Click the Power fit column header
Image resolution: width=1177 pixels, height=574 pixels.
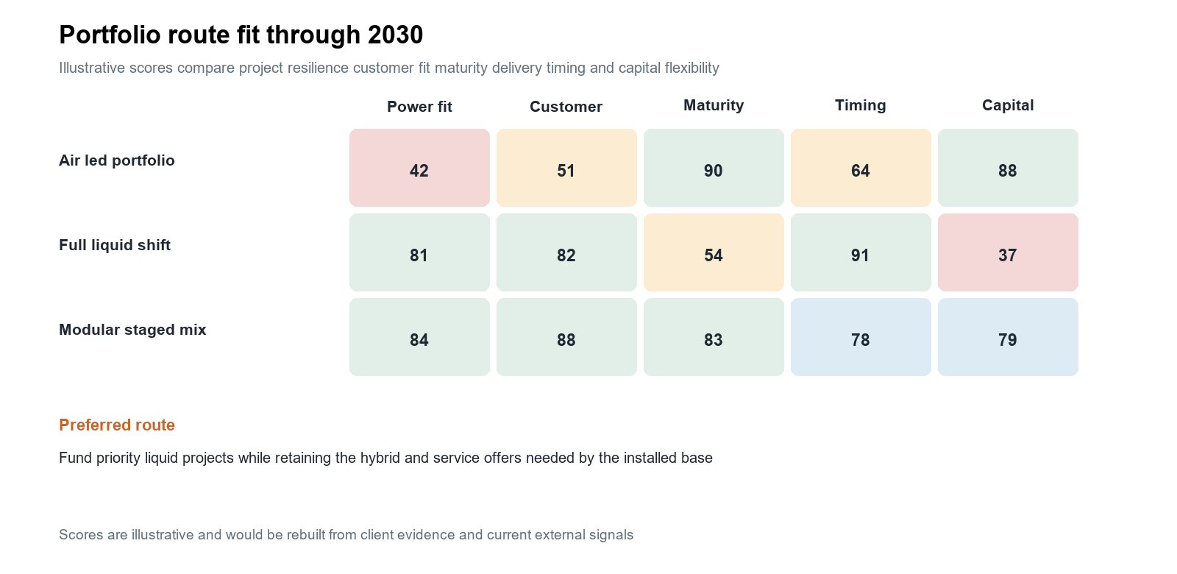click(x=419, y=107)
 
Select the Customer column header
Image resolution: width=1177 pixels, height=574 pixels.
click(x=566, y=107)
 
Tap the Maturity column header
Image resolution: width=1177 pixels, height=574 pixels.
click(x=714, y=106)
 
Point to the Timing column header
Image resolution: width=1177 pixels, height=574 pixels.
click(x=861, y=106)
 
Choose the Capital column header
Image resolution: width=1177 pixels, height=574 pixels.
click(x=1008, y=106)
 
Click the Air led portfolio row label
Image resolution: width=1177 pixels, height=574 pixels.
click(x=117, y=160)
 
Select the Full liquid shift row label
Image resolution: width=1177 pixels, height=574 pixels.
click(x=115, y=245)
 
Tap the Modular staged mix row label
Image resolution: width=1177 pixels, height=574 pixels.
click(x=132, y=330)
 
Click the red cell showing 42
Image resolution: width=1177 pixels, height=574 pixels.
click(x=419, y=168)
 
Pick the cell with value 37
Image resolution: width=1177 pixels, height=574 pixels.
click(x=1008, y=252)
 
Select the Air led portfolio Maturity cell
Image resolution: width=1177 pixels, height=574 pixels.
click(x=714, y=168)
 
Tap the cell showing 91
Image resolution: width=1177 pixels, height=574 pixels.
click(x=861, y=252)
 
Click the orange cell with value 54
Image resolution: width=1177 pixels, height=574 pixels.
click(x=714, y=252)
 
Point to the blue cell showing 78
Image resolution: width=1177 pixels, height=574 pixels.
click(x=861, y=337)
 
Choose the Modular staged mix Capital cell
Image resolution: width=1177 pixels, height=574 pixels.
click(x=1008, y=337)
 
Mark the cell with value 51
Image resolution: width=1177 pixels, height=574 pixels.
click(x=566, y=168)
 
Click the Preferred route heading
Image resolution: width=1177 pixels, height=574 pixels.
click(x=117, y=425)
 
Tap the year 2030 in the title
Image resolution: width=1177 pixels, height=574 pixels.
click(x=395, y=35)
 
